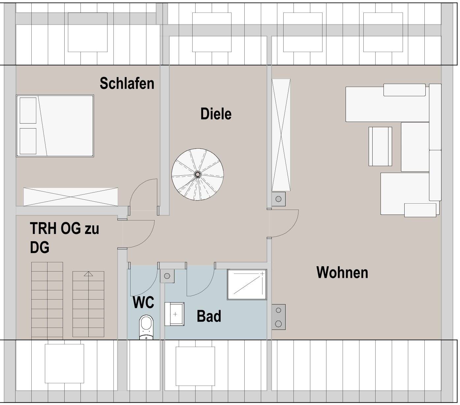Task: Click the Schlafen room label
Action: click(x=127, y=83)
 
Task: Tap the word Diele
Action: click(x=216, y=114)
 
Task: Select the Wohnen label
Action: click(x=342, y=273)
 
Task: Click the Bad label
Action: click(x=209, y=316)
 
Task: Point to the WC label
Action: click(x=143, y=303)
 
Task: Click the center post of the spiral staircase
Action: click(x=197, y=174)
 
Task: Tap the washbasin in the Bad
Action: click(x=175, y=314)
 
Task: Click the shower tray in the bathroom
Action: click(x=247, y=284)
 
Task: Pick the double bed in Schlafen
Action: click(x=55, y=126)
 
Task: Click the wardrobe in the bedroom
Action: click(x=71, y=197)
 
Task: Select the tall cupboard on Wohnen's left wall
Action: click(x=281, y=135)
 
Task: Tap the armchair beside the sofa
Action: click(x=380, y=146)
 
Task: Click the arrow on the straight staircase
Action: click(x=88, y=274)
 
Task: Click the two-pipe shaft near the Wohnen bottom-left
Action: click(x=279, y=317)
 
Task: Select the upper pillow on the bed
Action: click(x=28, y=110)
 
